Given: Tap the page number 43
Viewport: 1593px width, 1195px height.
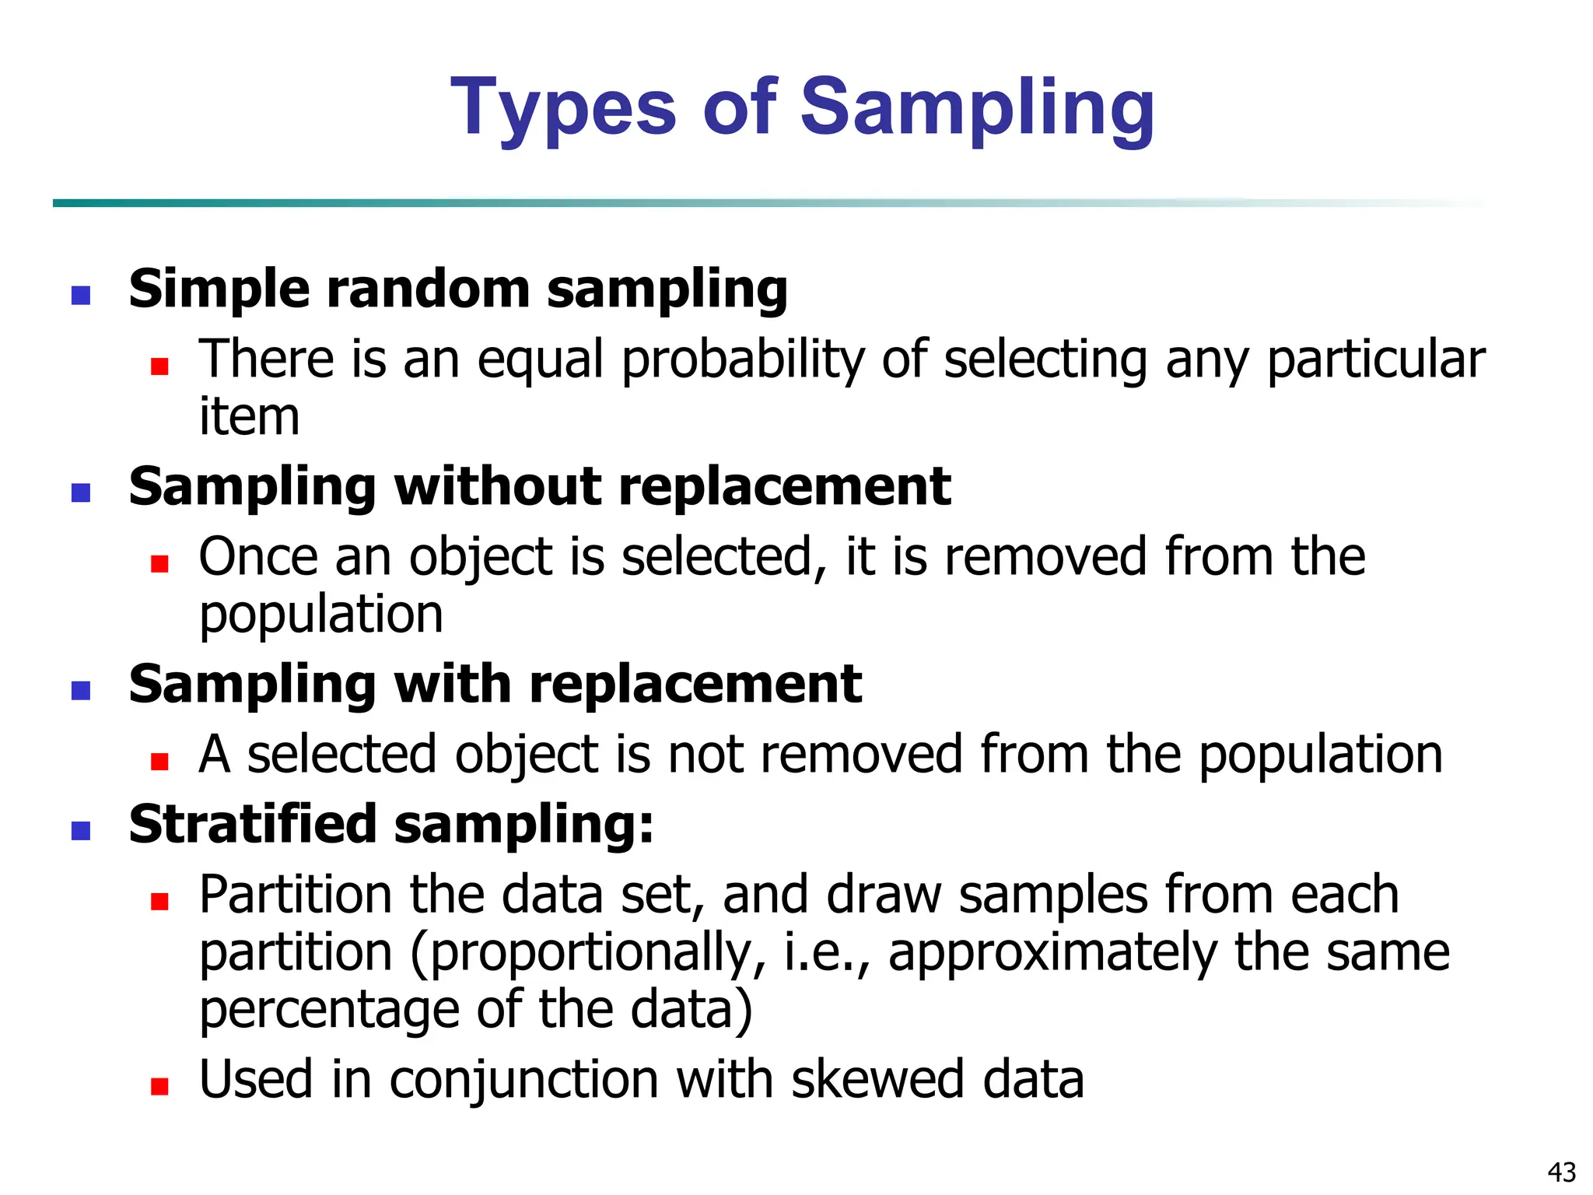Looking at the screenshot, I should click(x=1561, y=1172).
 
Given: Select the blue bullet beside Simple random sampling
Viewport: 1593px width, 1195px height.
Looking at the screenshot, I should click(x=81, y=296).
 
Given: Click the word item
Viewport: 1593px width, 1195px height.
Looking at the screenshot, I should click(x=249, y=417).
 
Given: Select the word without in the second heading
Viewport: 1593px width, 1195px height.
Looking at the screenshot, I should click(x=498, y=487).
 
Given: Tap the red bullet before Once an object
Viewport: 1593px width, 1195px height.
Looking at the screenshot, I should click(x=160, y=564).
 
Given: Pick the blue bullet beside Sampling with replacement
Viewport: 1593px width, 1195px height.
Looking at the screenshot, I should click(x=81, y=691).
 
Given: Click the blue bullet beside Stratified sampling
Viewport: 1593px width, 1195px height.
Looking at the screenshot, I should click(x=81, y=831).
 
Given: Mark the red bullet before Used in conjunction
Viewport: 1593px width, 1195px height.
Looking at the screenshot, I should click(x=160, y=1087).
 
